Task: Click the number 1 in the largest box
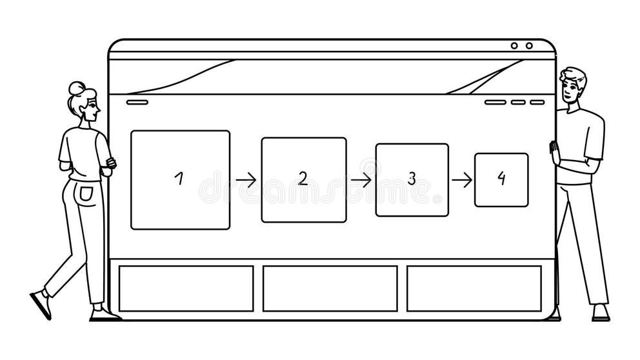[179, 179]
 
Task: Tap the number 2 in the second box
[303, 179]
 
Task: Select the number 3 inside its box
[412, 179]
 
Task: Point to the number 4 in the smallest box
[501, 179]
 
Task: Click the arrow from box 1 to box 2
[246, 180]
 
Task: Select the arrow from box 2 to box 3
[361, 180]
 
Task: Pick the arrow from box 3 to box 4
[462, 180]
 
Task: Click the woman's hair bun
[76, 88]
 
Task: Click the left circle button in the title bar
[514, 46]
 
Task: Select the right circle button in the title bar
[529, 46]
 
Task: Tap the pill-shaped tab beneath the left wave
[137, 102]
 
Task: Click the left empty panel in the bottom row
[186, 288]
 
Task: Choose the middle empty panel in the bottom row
[330, 288]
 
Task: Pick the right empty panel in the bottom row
[474, 288]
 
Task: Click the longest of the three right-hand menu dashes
[495, 102]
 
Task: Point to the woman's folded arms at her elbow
[110, 163]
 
